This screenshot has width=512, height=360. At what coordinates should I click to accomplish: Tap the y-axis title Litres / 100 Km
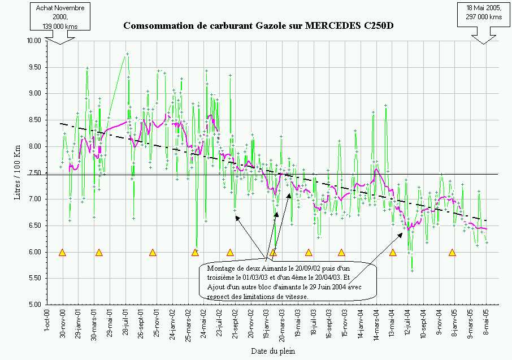click(x=18, y=172)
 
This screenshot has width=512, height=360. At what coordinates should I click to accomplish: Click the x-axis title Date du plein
click(x=272, y=351)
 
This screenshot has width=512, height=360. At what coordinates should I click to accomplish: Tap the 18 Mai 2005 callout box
click(x=484, y=12)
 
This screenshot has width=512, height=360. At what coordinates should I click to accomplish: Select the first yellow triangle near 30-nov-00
click(x=62, y=253)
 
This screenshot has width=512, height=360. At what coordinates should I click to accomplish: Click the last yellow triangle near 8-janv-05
click(x=452, y=253)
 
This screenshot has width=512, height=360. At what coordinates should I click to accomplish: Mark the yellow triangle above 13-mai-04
click(x=393, y=253)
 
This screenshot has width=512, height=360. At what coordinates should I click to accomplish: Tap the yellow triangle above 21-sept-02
click(x=230, y=253)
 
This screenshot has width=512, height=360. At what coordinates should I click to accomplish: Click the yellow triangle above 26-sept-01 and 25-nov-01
click(x=153, y=253)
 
